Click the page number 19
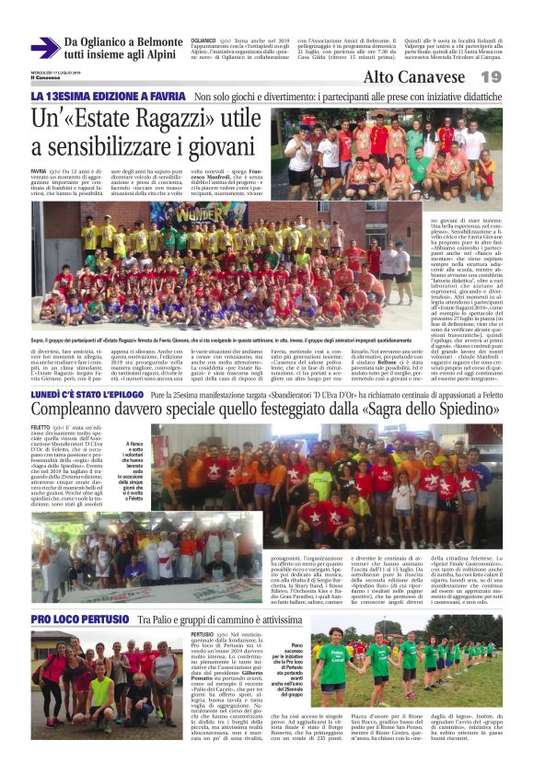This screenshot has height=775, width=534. click(x=491, y=77)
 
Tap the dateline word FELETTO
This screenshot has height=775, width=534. click(x=41, y=429)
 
